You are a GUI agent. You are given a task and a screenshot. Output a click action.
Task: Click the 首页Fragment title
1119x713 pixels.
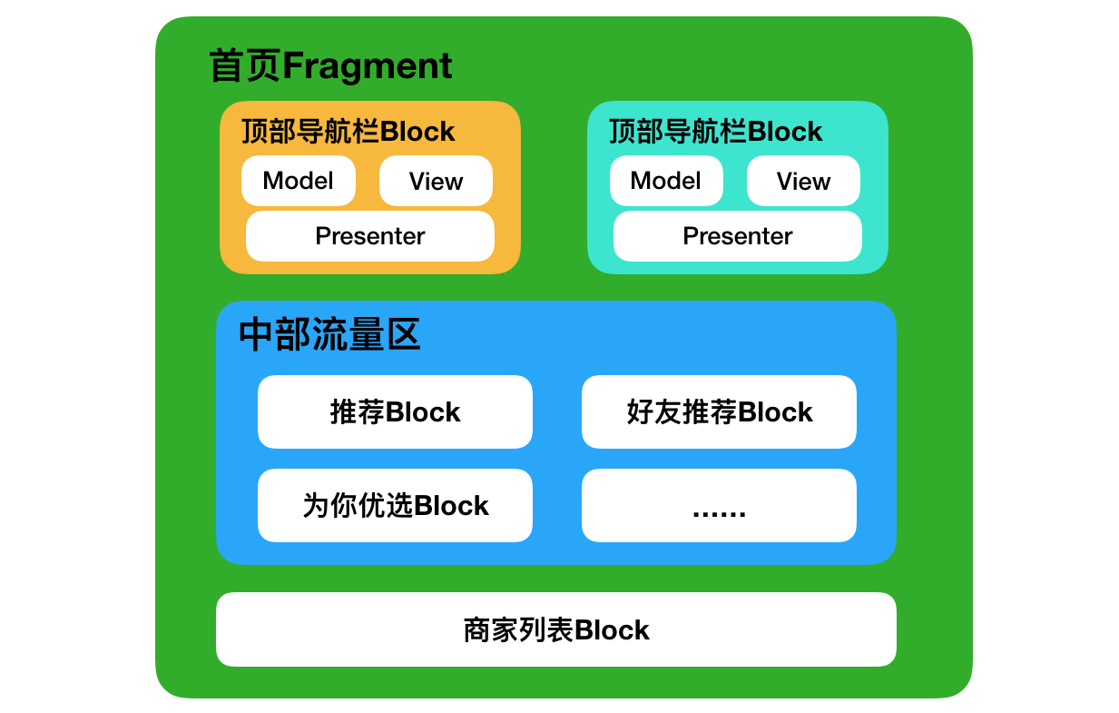[x=330, y=65]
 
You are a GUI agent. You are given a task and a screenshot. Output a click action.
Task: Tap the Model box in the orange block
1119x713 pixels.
[x=299, y=181]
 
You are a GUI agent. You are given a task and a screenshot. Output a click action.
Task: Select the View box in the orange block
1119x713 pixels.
[x=436, y=181]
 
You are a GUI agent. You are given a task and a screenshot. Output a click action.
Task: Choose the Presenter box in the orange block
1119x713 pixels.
[x=370, y=236]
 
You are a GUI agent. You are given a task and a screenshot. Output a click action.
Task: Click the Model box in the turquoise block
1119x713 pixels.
[x=666, y=181]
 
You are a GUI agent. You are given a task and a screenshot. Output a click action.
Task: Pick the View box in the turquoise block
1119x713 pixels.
[x=803, y=181]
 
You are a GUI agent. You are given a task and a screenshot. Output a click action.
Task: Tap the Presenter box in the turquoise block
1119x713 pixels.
[x=737, y=236]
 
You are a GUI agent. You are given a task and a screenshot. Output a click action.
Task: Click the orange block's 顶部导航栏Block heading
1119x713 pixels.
[x=348, y=132]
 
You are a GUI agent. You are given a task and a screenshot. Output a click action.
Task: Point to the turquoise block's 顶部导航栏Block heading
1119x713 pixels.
[x=715, y=132]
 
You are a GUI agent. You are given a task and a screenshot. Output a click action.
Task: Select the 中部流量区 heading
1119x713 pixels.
[x=329, y=334]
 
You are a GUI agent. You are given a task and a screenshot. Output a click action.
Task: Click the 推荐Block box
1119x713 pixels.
[x=395, y=412]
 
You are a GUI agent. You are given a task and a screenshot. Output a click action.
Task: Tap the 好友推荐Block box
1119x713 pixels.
[x=720, y=412]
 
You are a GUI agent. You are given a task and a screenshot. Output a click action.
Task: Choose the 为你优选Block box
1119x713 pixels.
[x=395, y=506]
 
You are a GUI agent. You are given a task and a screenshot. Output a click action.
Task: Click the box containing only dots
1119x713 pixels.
[x=720, y=506]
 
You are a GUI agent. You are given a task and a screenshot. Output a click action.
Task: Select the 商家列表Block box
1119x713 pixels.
[x=556, y=629]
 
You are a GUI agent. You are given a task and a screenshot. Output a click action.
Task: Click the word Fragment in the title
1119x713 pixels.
[x=368, y=67]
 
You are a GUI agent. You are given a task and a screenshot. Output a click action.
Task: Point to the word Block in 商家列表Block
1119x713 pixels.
[x=612, y=630]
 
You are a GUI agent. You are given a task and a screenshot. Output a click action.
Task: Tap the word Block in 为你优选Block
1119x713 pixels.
[x=451, y=506]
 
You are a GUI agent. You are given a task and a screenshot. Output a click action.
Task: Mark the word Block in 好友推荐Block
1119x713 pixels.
[x=775, y=412]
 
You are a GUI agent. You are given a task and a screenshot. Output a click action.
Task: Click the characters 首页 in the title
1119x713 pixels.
[x=245, y=65]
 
